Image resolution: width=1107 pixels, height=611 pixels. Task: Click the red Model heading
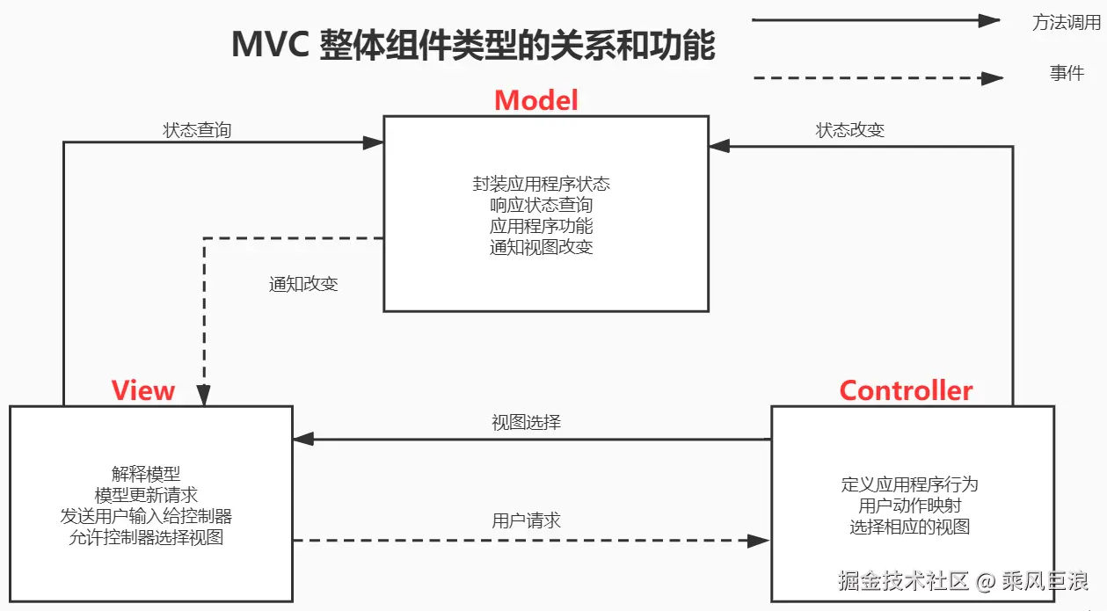pyautogui.click(x=536, y=100)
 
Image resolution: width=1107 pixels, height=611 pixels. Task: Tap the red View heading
pyautogui.click(x=143, y=390)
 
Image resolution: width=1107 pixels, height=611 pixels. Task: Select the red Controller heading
pyautogui.click(x=906, y=390)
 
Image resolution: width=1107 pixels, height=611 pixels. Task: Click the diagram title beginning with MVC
pyautogui.click(x=473, y=45)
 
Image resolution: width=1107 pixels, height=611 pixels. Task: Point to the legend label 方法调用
pyautogui.click(x=1066, y=23)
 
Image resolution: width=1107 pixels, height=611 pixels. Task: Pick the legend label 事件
pyautogui.click(x=1066, y=74)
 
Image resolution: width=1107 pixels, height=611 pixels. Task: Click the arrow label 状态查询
pyautogui.click(x=197, y=130)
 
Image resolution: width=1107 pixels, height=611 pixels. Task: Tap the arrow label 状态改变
pyautogui.click(x=849, y=130)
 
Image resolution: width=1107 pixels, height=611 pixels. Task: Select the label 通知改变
pyautogui.click(x=303, y=284)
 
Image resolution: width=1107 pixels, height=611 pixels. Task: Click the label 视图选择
pyautogui.click(x=526, y=422)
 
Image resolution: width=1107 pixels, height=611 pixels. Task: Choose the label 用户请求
pyautogui.click(x=526, y=520)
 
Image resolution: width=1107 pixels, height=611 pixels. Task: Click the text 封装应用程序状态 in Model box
pyautogui.click(x=541, y=184)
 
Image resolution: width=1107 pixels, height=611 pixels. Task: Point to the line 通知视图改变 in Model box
pyautogui.click(x=541, y=247)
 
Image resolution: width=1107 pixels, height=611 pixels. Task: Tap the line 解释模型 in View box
pyautogui.click(x=146, y=474)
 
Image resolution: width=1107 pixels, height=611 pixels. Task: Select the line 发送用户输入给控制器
pyautogui.click(x=146, y=516)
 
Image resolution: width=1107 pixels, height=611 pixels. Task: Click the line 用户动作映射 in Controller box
pyautogui.click(x=909, y=506)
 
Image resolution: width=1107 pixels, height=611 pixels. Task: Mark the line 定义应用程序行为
pyautogui.click(x=909, y=484)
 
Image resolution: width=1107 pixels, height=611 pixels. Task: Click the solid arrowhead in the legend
pyautogui.click(x=991, y=20)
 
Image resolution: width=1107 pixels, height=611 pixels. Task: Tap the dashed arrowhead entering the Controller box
pyautogui.click(x=759, y=541)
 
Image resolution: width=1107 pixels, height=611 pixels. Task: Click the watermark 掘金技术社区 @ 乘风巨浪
pyautogui.click(x=963, y=581)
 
